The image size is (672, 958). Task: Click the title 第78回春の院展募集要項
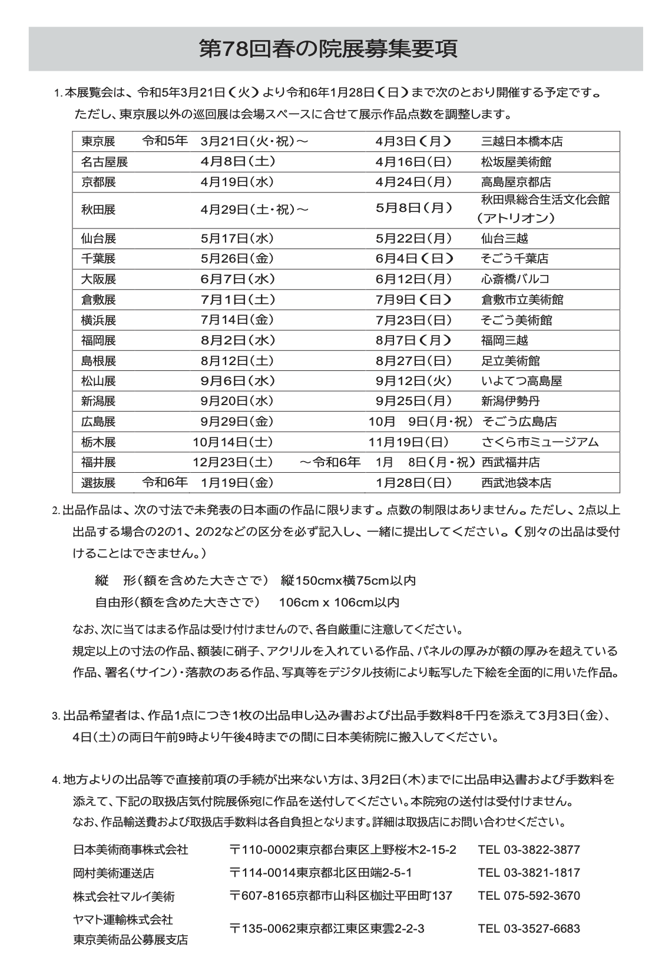point(328,49)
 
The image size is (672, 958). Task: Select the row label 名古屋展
point(104,162)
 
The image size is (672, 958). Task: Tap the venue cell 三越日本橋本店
point(522,141)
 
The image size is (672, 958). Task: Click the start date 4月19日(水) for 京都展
point(237,182)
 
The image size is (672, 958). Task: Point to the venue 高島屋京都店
point(516,182)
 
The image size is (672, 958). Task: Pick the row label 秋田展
point(98,209)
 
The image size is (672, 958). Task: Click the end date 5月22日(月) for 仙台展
point(413,238)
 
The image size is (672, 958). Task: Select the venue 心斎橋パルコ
point(515,279)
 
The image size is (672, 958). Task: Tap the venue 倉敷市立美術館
point(522,299)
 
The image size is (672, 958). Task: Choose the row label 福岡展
point(98,340)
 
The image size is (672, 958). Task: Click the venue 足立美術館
point(510,360)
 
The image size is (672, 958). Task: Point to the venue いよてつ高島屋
point(521,381)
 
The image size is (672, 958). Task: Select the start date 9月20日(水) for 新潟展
point(237,401)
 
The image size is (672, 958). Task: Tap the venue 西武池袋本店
point(516,483)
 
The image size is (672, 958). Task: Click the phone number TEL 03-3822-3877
point(529,850)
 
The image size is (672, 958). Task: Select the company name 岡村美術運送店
point(114,873)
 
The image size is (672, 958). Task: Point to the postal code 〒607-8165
point(262,896)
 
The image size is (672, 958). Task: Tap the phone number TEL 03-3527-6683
point(529,929)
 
